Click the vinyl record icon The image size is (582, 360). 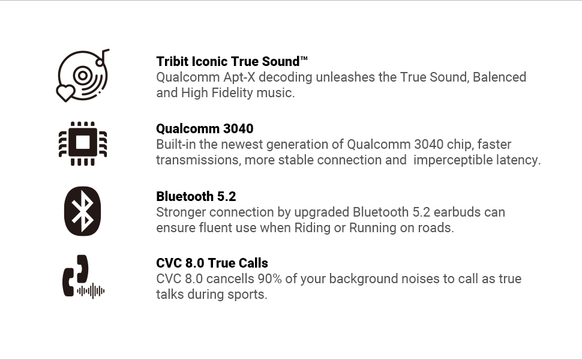(x=83, y=76)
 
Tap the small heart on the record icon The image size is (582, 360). (x=65, y=93)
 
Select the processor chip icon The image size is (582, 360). (x=83, y=143)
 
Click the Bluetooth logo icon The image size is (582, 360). (x=82, y=211)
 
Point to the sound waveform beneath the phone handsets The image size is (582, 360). (x=91, y=290)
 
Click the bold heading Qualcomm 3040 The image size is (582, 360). (x=205, y=128)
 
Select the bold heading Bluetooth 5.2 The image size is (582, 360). (x=196, y=196)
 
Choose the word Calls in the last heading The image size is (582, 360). (x=253, y=263)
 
